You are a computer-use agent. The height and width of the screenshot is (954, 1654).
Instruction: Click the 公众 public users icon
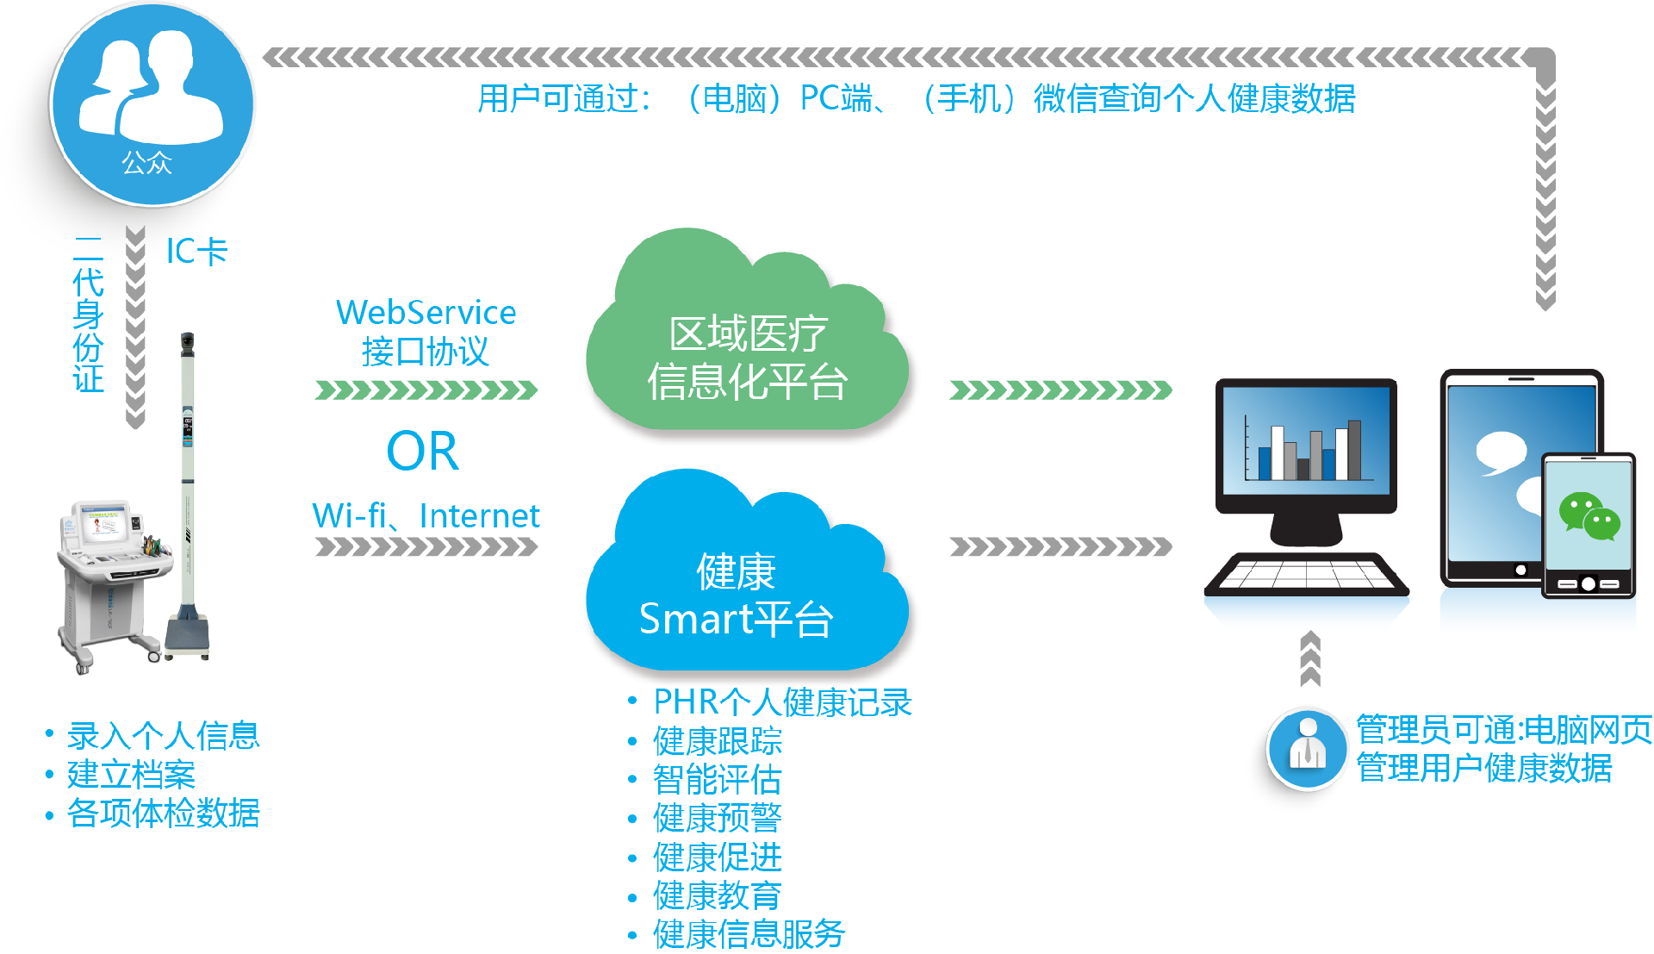[152, 104]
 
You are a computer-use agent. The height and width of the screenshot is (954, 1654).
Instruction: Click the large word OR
[422, 451]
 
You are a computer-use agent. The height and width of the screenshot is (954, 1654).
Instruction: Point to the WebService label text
[426, 312]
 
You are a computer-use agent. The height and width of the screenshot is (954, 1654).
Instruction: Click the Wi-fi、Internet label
[426, 515]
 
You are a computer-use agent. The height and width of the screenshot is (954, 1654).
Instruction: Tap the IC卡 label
[196, 251]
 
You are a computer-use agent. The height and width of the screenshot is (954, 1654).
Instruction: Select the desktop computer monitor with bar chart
[1306, 461]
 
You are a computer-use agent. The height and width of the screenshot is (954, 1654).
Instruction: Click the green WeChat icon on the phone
[1589, 516]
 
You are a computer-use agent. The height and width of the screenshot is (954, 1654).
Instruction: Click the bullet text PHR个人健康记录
[782, 702]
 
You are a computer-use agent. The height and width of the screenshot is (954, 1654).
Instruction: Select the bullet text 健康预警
[717, 818]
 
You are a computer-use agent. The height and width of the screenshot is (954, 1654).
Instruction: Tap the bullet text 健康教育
[717, 895]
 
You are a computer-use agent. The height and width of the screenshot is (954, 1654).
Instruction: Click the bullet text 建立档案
[131, 774]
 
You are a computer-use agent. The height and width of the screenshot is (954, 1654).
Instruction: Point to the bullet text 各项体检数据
[164, 813]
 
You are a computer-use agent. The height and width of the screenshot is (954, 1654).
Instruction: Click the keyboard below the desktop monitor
[1306, 575]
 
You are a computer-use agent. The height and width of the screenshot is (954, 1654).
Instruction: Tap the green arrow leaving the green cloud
[1060, 390]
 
